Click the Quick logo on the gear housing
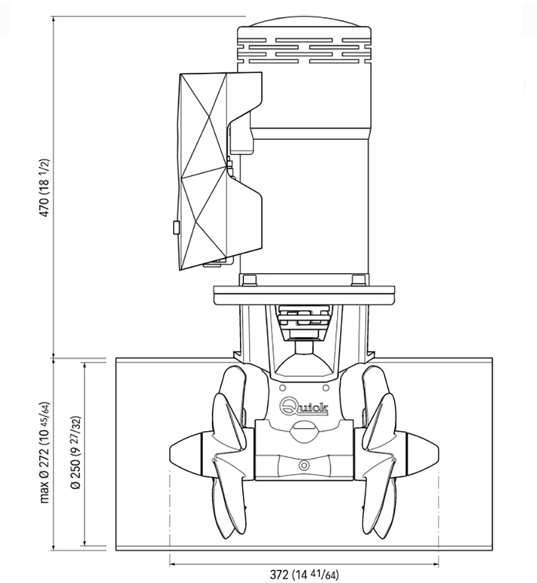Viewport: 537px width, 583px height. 304,406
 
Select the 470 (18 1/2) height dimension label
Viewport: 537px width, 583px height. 44,188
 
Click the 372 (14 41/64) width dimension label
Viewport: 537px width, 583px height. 304,574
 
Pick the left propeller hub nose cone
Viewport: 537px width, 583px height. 185,454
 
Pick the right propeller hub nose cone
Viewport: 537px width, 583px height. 423,454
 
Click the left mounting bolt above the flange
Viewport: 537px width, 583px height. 249,280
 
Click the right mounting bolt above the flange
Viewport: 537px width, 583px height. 358,280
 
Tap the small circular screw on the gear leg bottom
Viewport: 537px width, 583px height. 304,465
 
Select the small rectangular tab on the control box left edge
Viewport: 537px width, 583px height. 176,228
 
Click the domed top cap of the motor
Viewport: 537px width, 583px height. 304,22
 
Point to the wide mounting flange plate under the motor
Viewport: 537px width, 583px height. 304,295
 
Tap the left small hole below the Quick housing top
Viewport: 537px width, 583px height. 282,388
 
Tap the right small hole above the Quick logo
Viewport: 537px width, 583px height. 326,388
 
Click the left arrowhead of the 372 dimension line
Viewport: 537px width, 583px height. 172,564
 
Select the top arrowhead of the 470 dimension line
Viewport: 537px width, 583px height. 53,19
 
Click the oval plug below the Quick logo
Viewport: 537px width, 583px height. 304,432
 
